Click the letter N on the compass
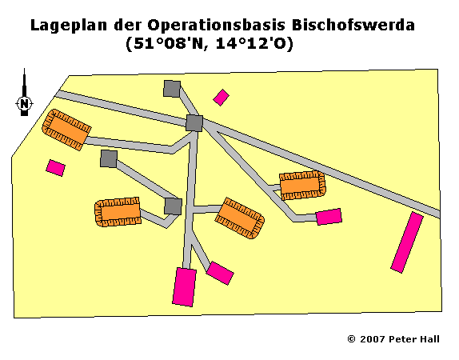point(25,104)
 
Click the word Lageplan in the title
point(69,25)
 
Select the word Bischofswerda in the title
point(353,25)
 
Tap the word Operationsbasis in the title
point(217,25)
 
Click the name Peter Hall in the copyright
point(414,339)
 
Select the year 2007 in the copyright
point(373,339)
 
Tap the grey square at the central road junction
point(194,123)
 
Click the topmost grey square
point(172,89)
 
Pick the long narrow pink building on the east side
point(407,242)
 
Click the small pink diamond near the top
point(221,98)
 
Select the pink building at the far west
point(56,168)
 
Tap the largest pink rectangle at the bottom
point(185,286)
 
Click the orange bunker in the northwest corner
point(66,130)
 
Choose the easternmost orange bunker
point(302,186)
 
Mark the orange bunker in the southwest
point(118,211)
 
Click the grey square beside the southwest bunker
point(173,206)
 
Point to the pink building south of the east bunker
point(329,217)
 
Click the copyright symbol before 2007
point(351,339)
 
